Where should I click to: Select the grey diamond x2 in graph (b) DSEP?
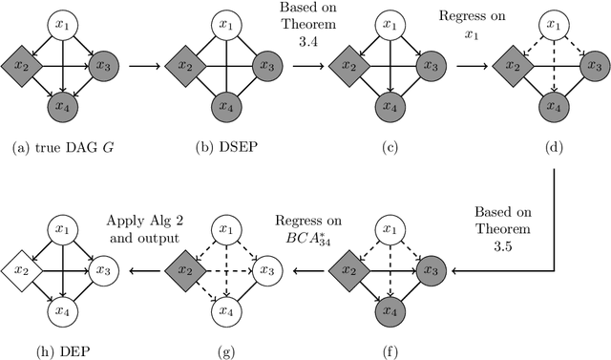coord(182,66)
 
